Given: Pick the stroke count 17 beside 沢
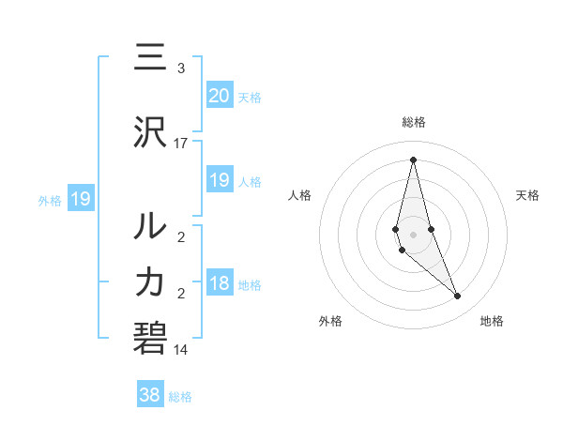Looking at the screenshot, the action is (181, 144).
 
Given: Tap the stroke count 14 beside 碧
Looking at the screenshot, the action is (181, 350).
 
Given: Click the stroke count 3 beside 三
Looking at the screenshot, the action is (181, 68).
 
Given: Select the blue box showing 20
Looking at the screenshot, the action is (220, 95).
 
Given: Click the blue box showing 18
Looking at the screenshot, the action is (220, 284).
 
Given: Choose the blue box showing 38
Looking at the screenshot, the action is (150, 395).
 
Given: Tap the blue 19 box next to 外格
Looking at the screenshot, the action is (80, 198).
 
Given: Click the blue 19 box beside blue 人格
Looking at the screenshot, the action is (220, 180).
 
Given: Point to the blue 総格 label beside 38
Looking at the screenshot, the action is (180, 397).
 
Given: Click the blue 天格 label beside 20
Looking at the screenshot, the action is (250, 97).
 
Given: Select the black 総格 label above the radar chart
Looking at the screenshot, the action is (414, 122).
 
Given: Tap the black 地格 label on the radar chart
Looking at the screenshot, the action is (492, 321).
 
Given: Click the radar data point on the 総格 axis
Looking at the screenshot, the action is (413, 160).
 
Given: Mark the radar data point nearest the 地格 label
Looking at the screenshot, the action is (458, 297).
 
